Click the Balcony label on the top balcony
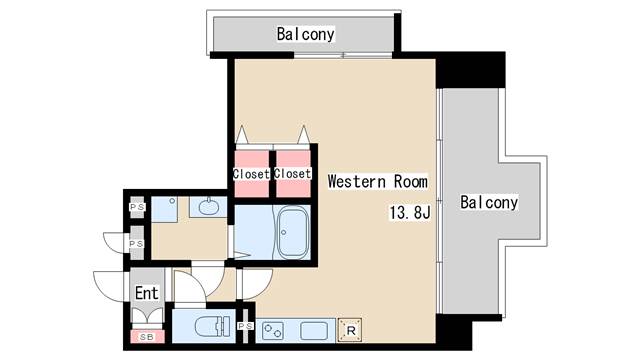(x=305, y=35)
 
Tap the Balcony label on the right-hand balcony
(x=489, y=203)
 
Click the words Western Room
(x=377, y=182)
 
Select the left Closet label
(x=251, y=174)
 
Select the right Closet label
(x=292, y=174)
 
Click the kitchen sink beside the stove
(x=314, y=329)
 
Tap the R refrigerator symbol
(x=350, y=328)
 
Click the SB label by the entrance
(x=147, y=337)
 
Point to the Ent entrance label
(x=146, y=294)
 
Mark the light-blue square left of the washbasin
(x=172, y=208)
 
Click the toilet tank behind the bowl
(x=225, y=327)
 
